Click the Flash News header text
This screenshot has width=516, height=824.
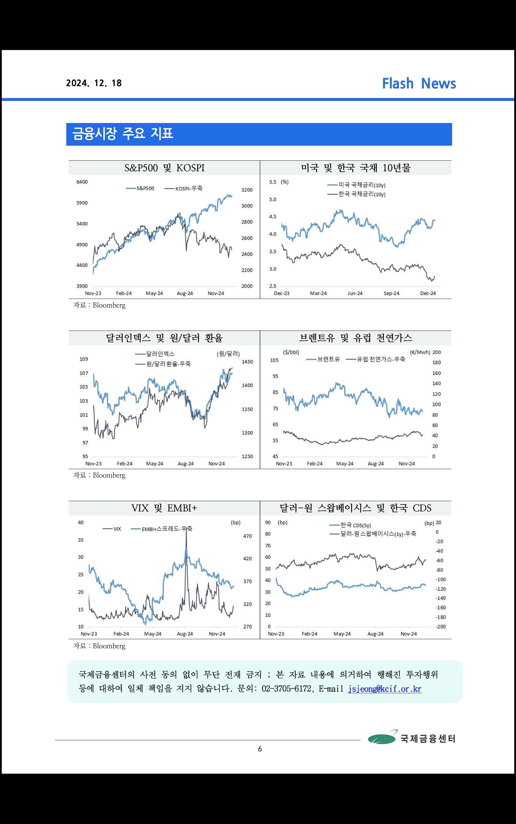point(419,84)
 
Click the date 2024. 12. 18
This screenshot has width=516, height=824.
point(94,83)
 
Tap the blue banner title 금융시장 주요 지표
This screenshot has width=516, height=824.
point(123,134)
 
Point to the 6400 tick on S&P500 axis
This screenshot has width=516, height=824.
point(82,182)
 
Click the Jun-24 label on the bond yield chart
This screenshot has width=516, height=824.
point(355,293)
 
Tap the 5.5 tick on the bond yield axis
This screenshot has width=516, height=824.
point(272,182)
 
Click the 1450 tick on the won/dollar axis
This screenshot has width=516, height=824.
point(247,362)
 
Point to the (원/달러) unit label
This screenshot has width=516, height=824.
point(228,354)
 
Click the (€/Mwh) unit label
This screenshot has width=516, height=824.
point(420,352)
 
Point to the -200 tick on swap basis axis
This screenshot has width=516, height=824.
point(441,627)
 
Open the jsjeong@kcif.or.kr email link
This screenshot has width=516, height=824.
point(385,689)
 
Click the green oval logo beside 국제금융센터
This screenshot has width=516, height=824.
point(381,739)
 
